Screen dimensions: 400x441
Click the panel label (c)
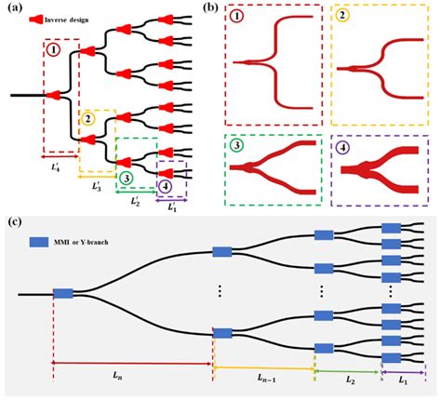pyautogui.click(x=12, y=221)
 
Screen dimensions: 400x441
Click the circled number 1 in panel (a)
pyautogui.click(x=54, y=49)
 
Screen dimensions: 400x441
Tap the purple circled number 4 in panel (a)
pyautogui.click(x=166, y=186)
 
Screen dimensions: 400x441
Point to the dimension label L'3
pyautogui.click(x=96, y=185)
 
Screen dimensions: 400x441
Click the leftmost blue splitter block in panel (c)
pyautogui.click(x=62, y=294)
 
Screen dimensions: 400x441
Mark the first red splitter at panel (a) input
pyautogui.click(x=53, y=96)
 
